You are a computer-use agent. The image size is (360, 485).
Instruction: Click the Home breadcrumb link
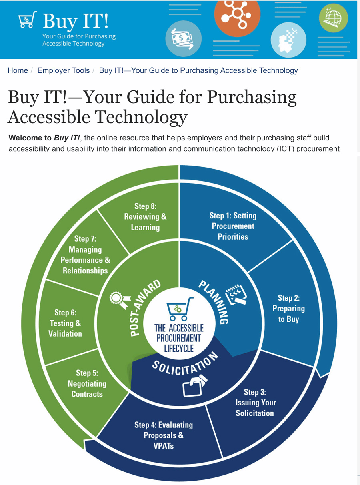click(x=18, y=70)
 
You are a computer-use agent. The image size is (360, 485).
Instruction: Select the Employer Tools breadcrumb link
click(x=63, y=70)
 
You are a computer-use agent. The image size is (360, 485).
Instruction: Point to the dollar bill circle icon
click(x=183, y=39)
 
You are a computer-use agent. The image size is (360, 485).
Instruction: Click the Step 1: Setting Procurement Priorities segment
click(x=233, y=226)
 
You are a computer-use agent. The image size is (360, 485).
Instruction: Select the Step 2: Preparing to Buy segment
click(x=288, y=308)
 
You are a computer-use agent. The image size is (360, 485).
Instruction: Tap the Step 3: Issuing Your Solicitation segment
click(x=255, y=403)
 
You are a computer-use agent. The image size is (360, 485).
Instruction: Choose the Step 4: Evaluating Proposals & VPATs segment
click(x=163, y=435)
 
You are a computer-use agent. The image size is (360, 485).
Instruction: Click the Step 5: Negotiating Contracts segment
click(x=87, y=383)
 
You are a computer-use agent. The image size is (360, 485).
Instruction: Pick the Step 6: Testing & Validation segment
click(x=65, y=323)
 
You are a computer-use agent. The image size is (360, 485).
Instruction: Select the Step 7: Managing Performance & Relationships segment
click(x=85, y=255)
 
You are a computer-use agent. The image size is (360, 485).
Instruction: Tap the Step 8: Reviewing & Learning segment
click(x=145, y=216)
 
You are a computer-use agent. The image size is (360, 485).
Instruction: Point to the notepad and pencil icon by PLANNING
click(x=236, y=296)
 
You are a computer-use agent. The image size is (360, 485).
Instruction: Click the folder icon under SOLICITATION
click(x=194, y=385)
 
